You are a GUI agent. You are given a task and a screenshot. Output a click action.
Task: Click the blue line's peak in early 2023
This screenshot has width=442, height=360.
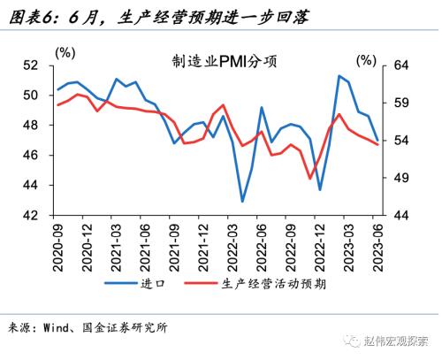(339, 76)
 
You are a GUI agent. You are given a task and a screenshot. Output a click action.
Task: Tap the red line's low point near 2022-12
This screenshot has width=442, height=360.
(310, 178)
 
